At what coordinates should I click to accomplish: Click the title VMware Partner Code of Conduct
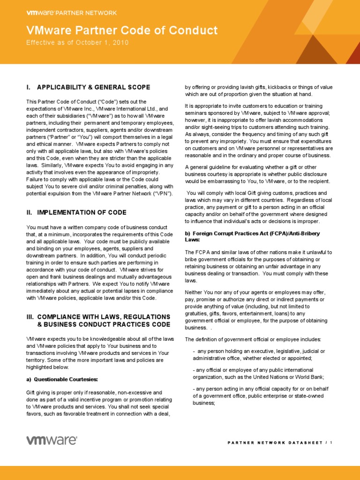pyautogui.click(x=122, y=31)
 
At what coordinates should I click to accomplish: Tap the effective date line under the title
pyautogui.click(x=77, y=43)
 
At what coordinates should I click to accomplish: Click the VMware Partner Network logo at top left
pyautogui.click(x=71, y=13)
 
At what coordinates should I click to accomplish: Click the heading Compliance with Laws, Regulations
pyautogui.click(x=97, y=317)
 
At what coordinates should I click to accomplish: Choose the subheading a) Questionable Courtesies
pyautogui.click(x=62, y=379)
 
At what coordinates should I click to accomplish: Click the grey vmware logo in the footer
pyautogui.click(x=52, y=440)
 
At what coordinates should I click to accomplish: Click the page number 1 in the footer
pyautogui.click(x=331, y=442)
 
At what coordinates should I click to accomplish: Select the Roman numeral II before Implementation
pyautogui.click(x=29, y=212)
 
